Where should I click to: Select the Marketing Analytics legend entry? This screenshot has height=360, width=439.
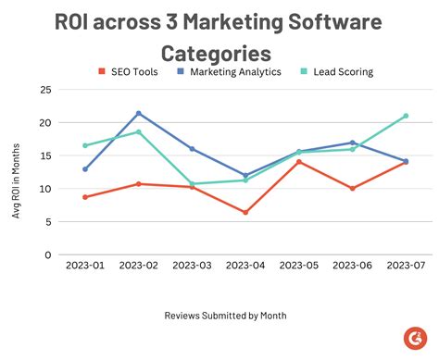[x=234, y=70]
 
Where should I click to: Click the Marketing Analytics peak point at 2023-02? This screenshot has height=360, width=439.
[x=139, y=114]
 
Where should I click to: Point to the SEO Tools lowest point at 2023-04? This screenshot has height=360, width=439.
[x=245, y=212]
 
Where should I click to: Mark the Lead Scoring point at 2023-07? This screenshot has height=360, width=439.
[x=406, y=116]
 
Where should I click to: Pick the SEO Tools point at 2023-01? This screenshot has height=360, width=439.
[x=85, y=197]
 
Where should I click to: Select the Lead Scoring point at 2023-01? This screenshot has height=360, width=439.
[x=85, y=145]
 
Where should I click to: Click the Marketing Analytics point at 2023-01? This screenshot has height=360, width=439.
[x=85, y=169]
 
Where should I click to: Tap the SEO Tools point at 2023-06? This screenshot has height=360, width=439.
[x=352, y=189]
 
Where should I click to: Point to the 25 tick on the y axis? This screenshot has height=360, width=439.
[x=44, y=90]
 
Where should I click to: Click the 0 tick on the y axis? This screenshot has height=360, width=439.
[x=47, y=254]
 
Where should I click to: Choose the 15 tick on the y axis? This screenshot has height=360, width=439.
[x=44, y=155]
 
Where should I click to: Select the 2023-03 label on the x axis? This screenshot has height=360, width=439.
[x=192, y=266]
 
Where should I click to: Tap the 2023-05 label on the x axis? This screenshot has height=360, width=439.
[x=298, y=266]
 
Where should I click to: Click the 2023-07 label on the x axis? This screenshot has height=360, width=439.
[x=405, y=266]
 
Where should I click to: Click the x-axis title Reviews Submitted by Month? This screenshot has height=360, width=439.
[x=225, y=316]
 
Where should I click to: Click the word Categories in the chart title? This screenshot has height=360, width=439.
[x=216, y=53]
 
